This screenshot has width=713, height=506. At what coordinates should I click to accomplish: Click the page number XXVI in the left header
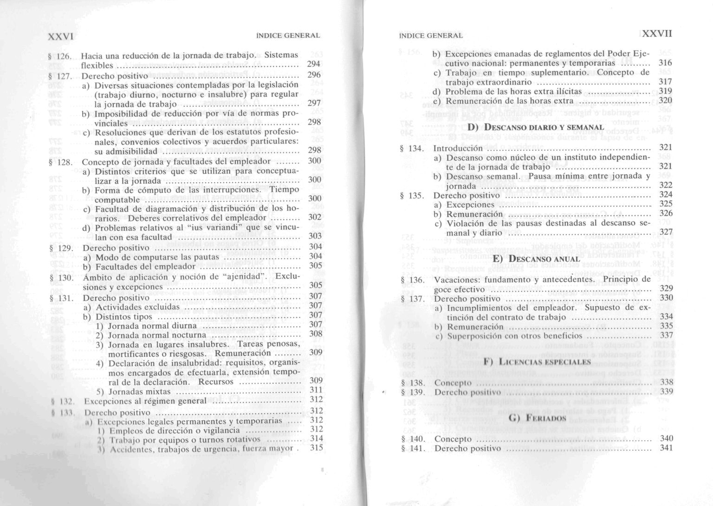62,35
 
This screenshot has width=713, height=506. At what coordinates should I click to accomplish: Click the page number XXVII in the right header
657,34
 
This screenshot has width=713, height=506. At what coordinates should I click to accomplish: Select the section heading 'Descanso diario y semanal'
535,127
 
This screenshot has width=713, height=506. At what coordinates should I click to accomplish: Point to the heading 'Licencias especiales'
537,362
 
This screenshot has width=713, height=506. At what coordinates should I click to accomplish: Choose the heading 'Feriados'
537,418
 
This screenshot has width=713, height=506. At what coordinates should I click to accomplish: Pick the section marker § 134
411,148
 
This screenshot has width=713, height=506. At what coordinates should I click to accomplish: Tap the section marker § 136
412,280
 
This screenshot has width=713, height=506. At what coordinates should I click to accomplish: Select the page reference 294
314,64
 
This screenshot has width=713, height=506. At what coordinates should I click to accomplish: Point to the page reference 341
666,448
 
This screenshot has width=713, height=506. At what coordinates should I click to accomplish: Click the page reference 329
666,288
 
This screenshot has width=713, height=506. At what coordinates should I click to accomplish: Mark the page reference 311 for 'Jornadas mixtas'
316,390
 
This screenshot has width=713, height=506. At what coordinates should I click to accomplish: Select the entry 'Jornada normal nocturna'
157,335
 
